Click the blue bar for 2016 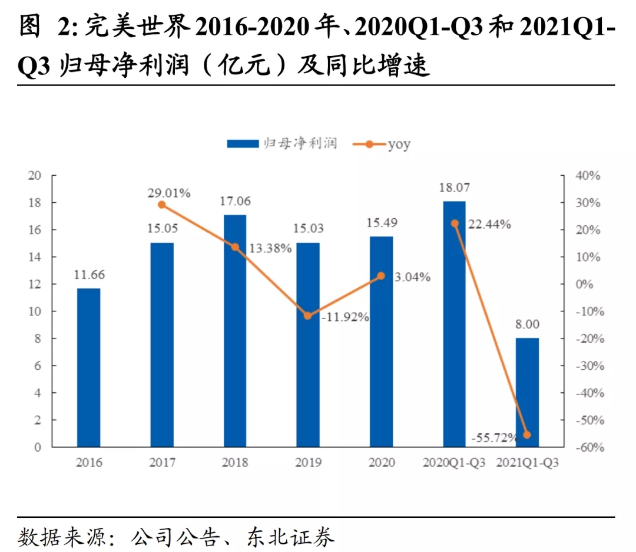(x=89, y=367)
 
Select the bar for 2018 (x=235, y=330)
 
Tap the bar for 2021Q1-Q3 (x=527, y=392)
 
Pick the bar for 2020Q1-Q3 (x=454, y=324)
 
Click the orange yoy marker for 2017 (x=162, y=205)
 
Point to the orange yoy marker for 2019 (x=307, y=316)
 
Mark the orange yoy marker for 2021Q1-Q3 (x=527, y=435)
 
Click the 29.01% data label (x=169, y=192)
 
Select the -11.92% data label (x=345, y=317)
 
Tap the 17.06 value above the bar (x=235, y=201)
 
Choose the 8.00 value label (x=527, y=324)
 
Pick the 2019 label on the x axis (x=309, y=462)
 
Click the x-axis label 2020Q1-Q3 (x=454, y=462)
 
